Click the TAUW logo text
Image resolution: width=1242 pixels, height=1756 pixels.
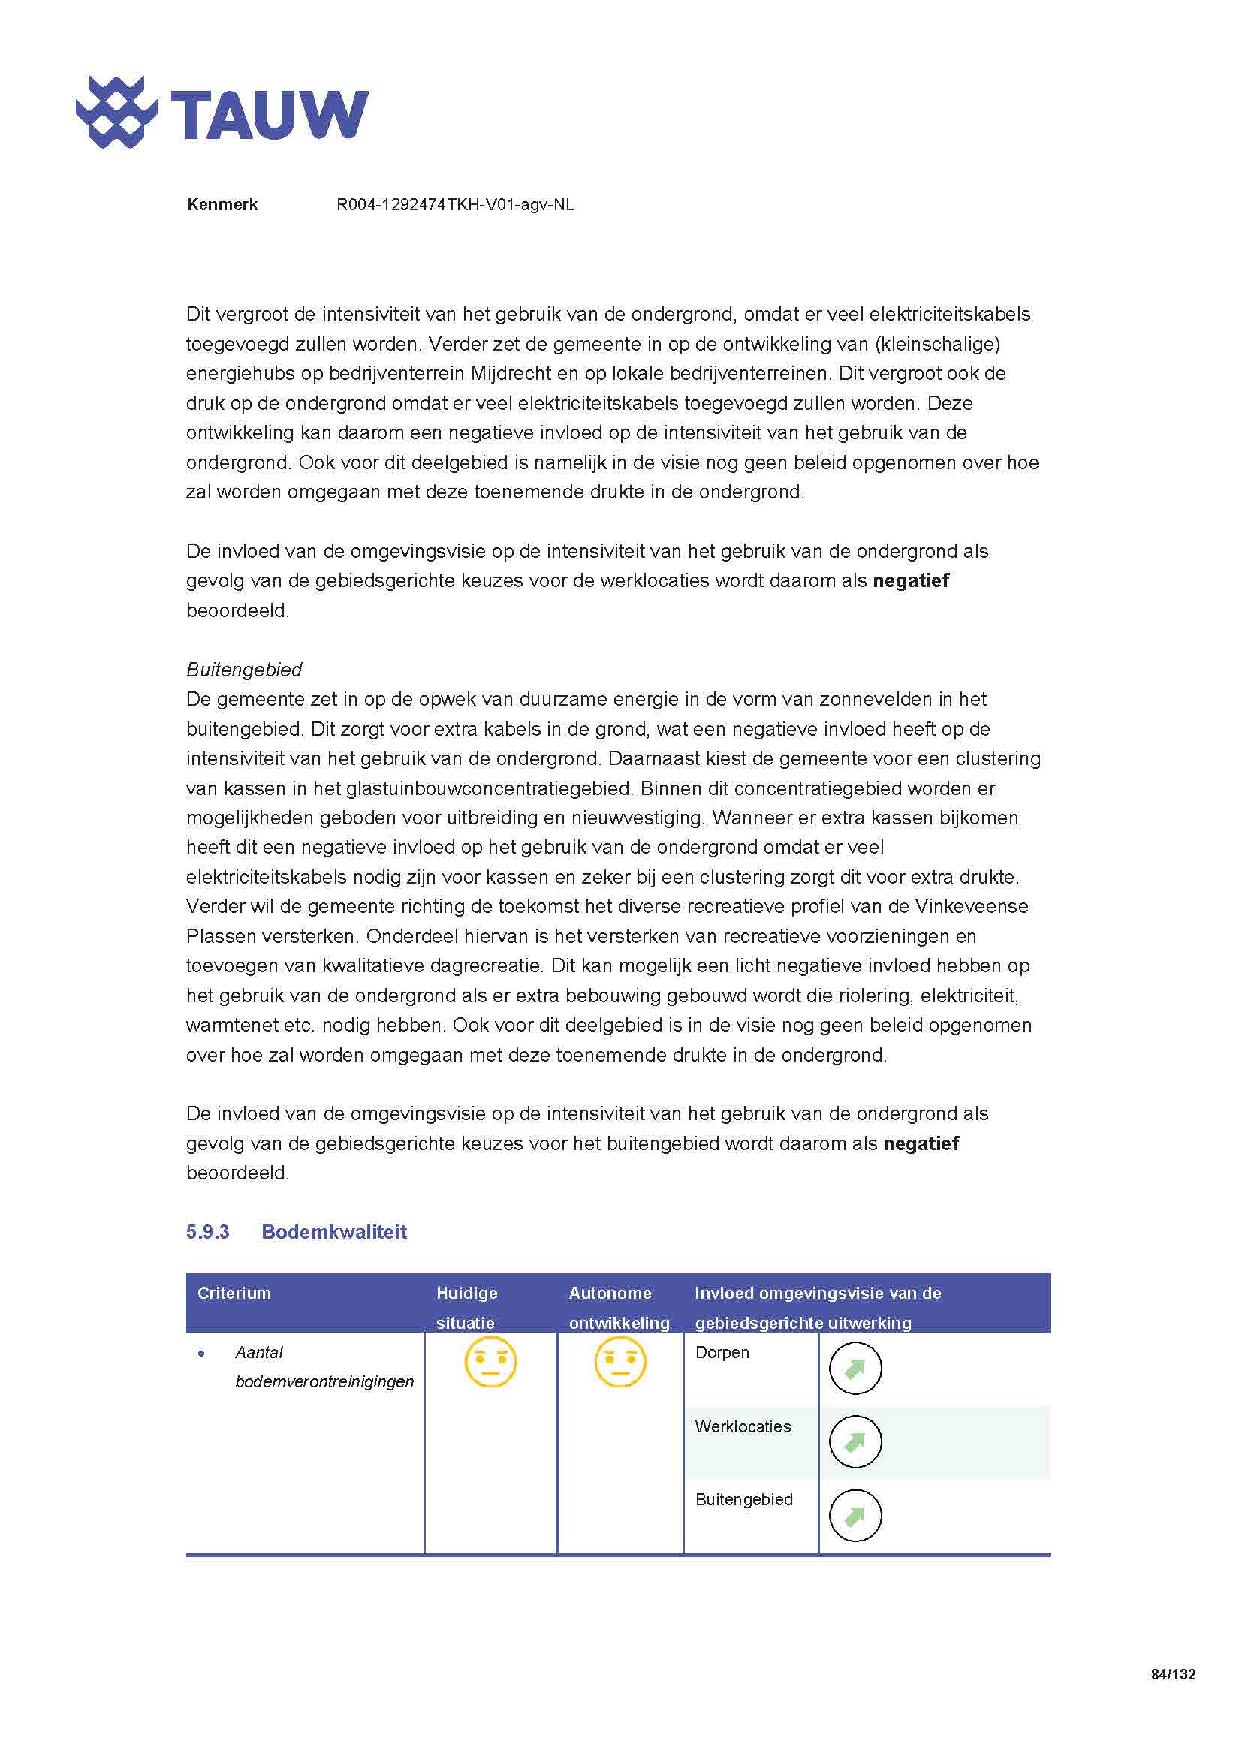coord(270,115)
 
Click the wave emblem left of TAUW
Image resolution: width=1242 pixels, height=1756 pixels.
coord(116,112)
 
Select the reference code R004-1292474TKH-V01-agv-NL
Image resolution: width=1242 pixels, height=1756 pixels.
coord(455,205)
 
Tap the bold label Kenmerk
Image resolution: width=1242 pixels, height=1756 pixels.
coord(222,205)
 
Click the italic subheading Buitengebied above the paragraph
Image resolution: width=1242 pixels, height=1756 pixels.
coord(244,670)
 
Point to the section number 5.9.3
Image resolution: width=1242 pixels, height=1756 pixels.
coord(207,1232)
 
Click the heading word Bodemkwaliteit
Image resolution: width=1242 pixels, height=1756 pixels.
coord(334,1232)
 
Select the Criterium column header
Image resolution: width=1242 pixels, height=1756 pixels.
coord(234,1294)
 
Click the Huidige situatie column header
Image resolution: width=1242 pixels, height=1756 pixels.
coord(466,1307)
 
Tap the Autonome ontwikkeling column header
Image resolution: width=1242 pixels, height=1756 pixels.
coord(618,1307)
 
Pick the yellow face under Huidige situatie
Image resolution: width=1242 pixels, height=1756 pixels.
coord(490,1362)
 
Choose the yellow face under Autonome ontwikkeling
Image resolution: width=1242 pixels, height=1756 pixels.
coord(619,1362)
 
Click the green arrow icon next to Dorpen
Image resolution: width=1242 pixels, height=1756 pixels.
coord(855,1369)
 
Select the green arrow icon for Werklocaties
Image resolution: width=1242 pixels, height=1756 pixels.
coord(855,1441)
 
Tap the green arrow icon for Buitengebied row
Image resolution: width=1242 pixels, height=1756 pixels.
coord(855,1515)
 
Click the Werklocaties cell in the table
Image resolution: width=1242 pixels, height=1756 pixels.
coord(743,1426)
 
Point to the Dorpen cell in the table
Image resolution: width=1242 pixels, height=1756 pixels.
coord(722,1352)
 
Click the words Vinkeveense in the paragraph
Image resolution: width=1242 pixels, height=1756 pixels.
coord(972,906)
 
